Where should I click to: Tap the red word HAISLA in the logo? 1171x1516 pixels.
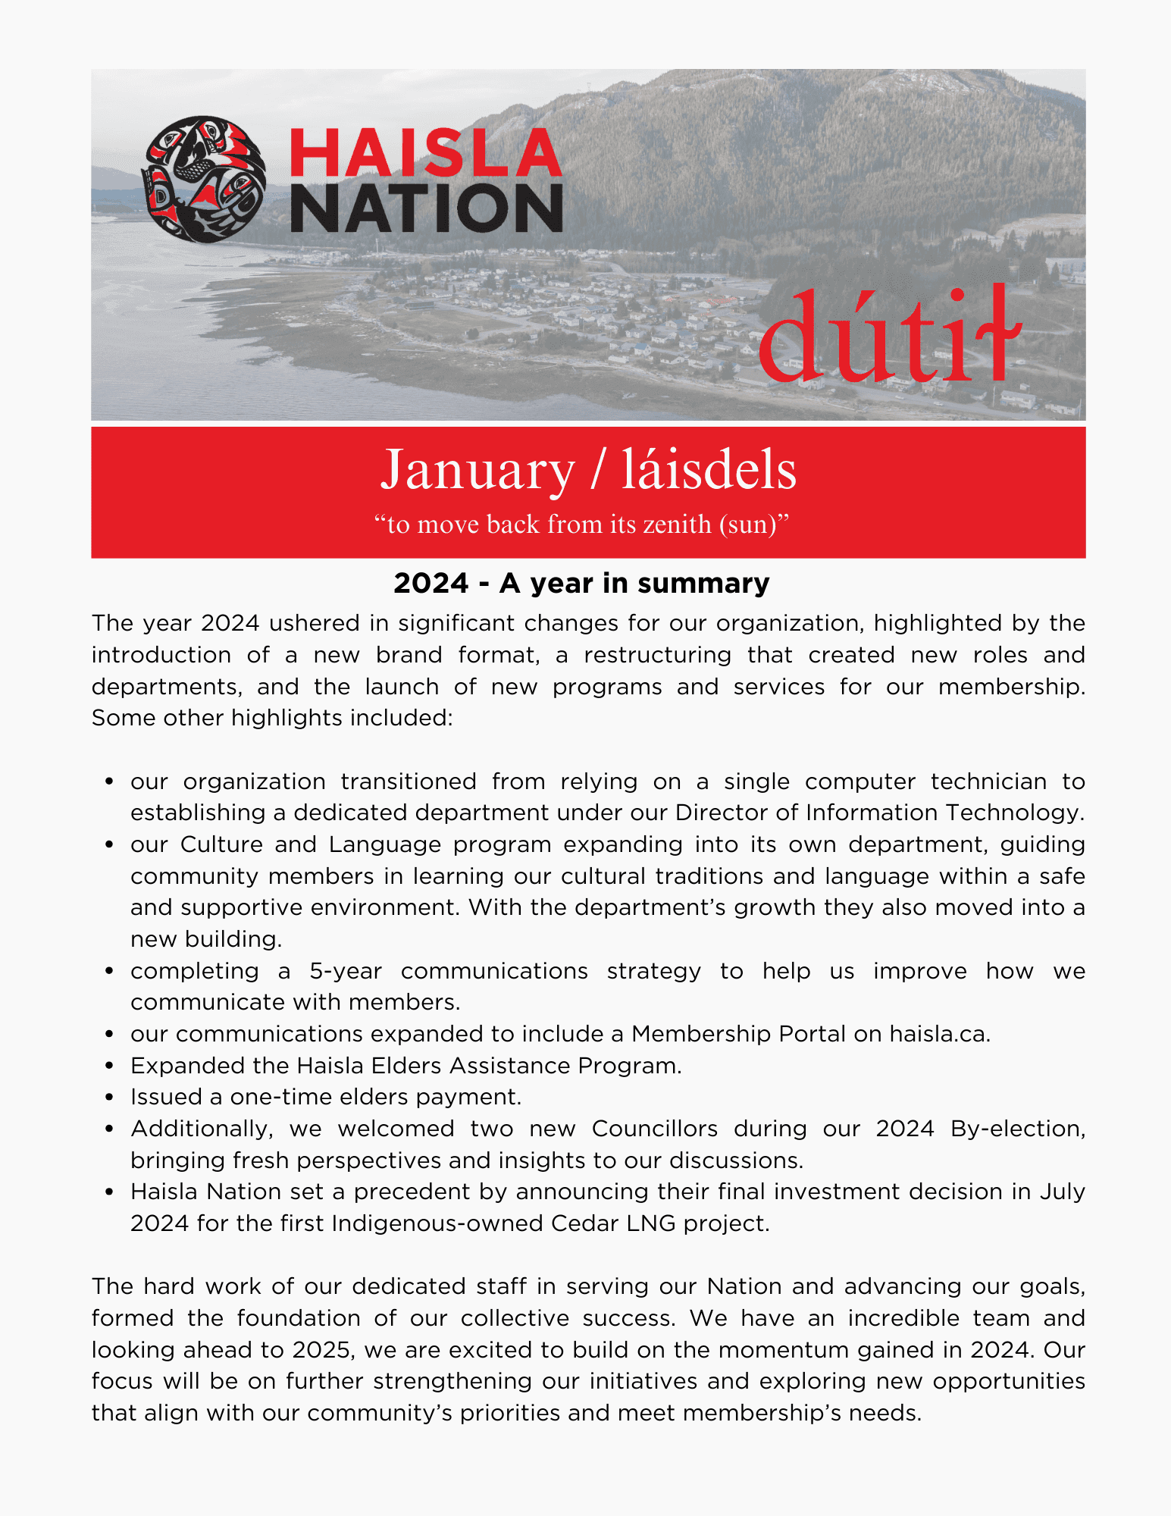coord(426,154)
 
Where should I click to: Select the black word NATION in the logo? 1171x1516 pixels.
coord(426,208)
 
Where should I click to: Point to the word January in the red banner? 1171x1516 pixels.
coord(477,470)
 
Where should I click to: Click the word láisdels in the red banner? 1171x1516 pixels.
coord(709,470)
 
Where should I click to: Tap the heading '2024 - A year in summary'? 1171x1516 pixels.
coord(581,583)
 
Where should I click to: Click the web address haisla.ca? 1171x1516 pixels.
coord(939,1034)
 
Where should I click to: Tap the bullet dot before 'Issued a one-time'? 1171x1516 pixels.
coord(110,1098)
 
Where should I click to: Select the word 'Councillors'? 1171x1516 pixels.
coord(654,1129)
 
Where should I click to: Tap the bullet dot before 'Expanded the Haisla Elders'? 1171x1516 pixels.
coord(110,1066)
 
